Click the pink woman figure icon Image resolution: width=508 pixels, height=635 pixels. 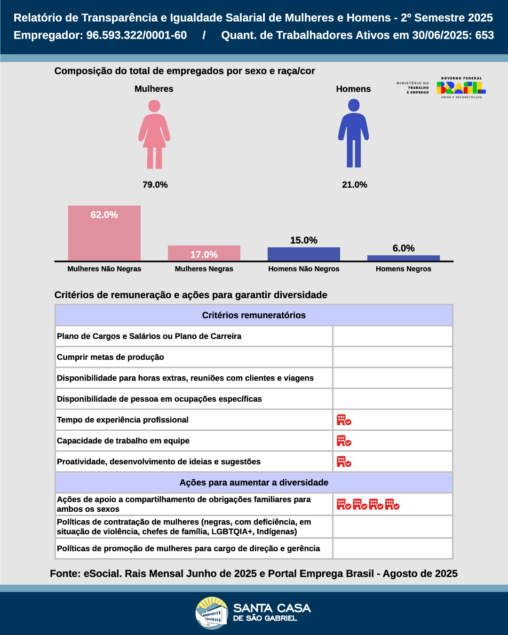pyautogui.click(x=154, y=135)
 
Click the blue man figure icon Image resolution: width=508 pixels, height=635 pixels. pyautogui.click(x=354, y=134)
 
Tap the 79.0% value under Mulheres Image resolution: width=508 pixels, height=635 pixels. pyautogui.click(x=155, y=185)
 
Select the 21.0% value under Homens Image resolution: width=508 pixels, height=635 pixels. pyautogui.click(x=355, y=185)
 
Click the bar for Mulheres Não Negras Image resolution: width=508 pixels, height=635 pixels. pyautogui.click(x=104, y=233)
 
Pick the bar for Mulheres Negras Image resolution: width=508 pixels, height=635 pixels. pyautogui.click(x=204, y=253)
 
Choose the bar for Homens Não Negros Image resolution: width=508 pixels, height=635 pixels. pyautogui.click(x=304, y=254)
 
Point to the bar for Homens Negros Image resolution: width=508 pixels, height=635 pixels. pyautogui.click(x=404, y=258)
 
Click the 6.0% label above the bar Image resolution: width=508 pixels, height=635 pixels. pyautogui.click(x=404, y=248)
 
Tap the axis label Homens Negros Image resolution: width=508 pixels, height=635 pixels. pyautogui.click(x=404, y=269)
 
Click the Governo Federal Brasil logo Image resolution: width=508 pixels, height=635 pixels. pyautogui.click(x=461, y=87)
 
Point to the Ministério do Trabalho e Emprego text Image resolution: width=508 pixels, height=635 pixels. pyautogui.click(x=413, y=87)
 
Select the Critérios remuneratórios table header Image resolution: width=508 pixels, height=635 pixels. pyautogui.click(x=254, y=315)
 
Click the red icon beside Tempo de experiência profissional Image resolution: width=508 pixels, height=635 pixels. pyautogui.click(x=344, y=420)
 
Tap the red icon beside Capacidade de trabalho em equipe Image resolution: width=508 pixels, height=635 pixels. pyautogui.click(x=344, y=441)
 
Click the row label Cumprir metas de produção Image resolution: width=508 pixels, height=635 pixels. pyautogui.click(x=111, y=357)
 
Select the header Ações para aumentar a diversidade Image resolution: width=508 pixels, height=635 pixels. pyautogui.click(x=254, y=483)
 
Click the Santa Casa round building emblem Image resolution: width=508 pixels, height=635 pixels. pyautogui.click(x=212, y=612)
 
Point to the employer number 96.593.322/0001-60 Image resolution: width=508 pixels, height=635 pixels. pyautogui.click(x=136, y=35)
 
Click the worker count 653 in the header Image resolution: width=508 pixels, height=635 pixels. pyautogui.click(x=484, y=35)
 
